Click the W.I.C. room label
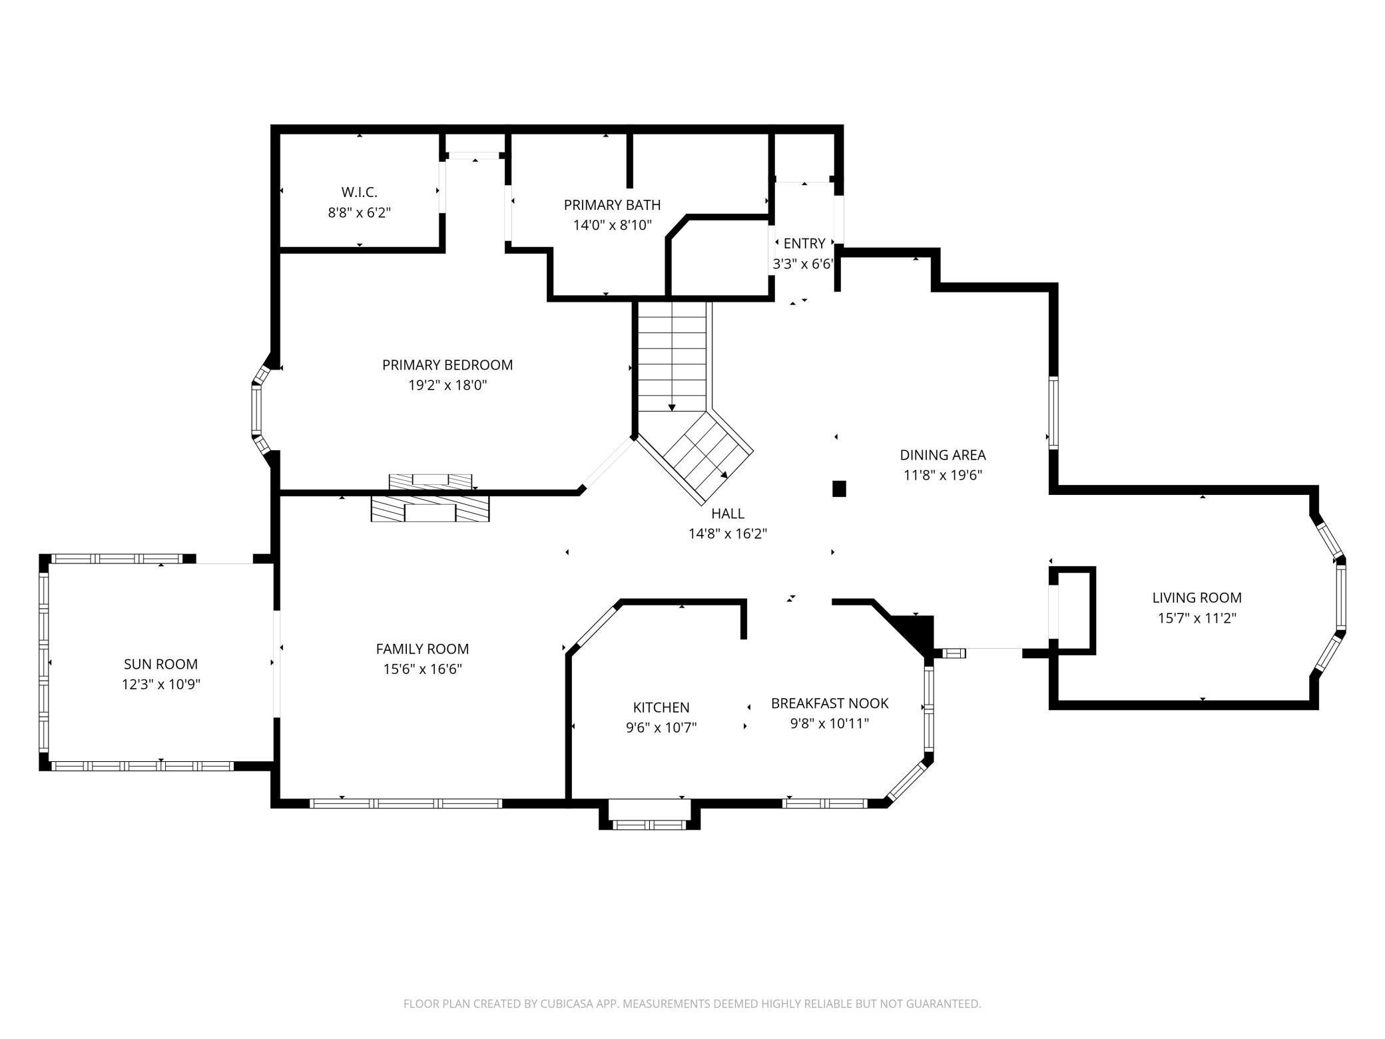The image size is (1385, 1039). point(360,192)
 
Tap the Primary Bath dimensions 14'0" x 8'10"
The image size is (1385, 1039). point(612,225)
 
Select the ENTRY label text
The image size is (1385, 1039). point(804,244)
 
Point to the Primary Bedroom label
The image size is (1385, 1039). point(447,365)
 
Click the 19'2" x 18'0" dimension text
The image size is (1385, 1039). point(447,385)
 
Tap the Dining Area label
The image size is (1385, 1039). point(943,455)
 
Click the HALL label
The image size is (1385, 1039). point(728,514)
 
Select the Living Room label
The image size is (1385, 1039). point(1197,598)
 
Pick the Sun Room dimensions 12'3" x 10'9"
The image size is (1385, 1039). point(161,684)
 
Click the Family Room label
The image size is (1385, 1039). point(422,649)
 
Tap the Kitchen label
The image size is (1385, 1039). point(661,707)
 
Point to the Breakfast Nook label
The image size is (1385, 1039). point(830,703)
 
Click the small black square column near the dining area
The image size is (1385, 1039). point(839,489)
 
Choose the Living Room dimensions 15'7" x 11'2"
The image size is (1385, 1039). point(1197,618)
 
